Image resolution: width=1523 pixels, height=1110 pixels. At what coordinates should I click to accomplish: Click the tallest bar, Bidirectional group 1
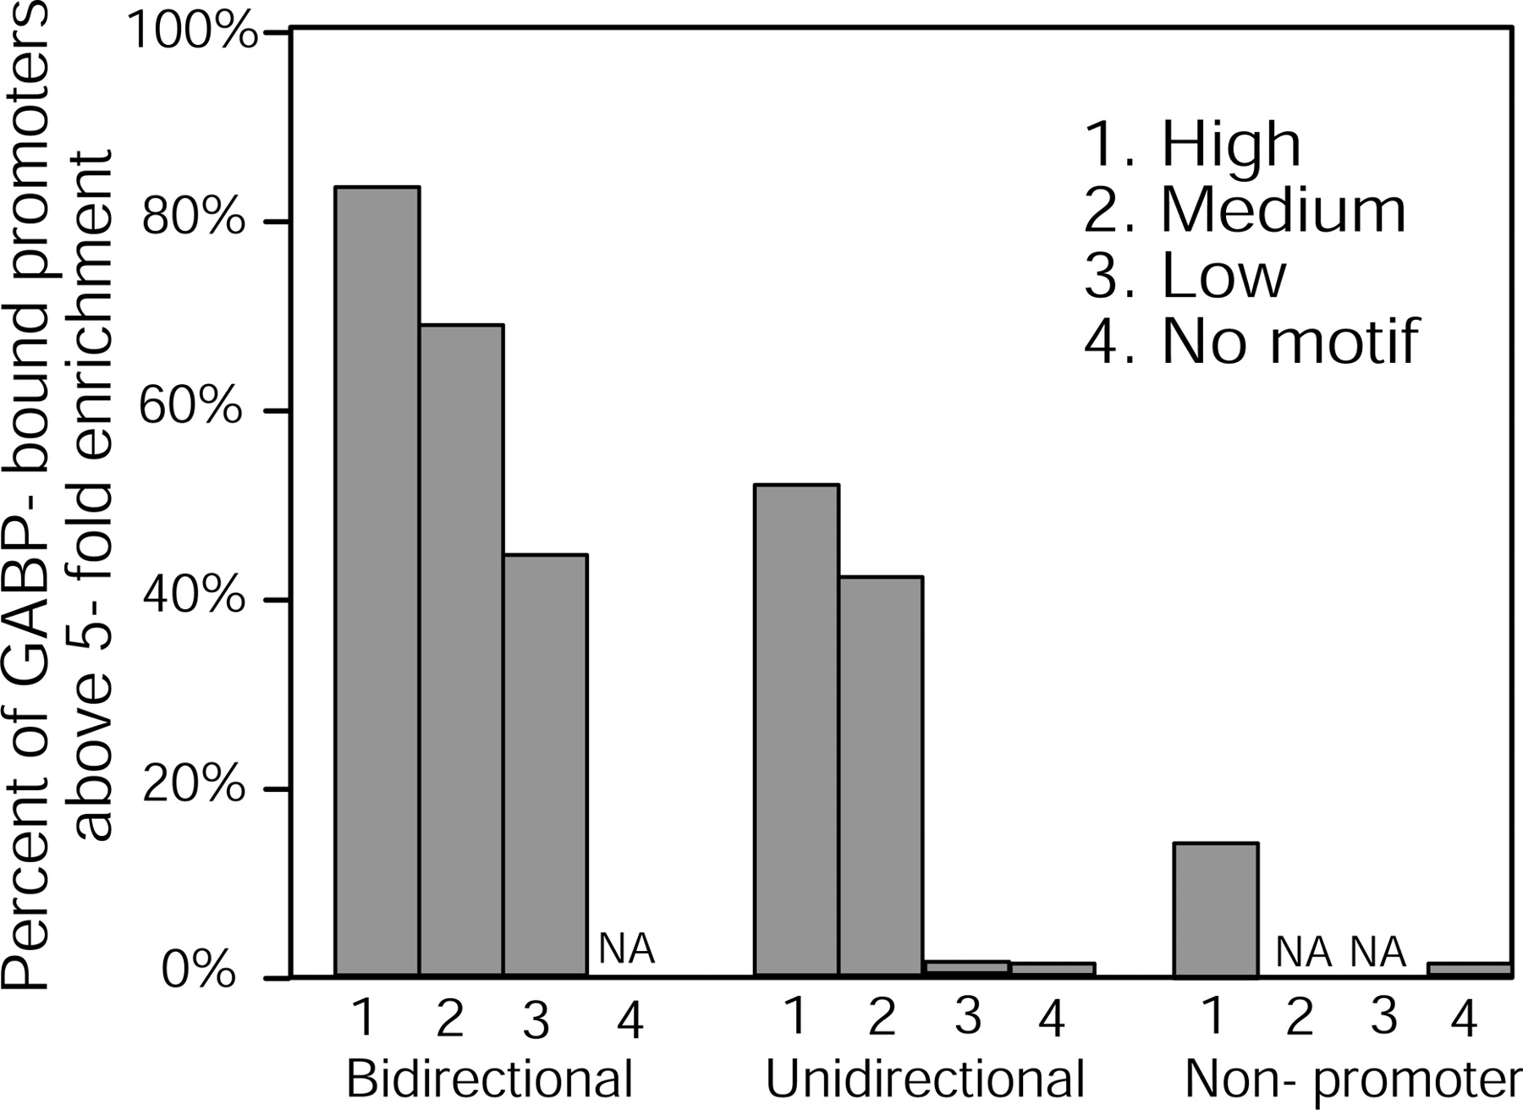pos(377,582)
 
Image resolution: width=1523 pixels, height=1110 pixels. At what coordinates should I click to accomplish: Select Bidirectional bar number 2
pos(461,651)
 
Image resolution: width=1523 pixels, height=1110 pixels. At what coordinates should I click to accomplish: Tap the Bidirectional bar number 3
pos(545,767)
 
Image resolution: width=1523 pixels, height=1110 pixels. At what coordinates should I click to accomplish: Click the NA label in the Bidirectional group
pos(627,949)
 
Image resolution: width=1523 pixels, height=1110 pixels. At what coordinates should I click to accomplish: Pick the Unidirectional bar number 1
pos(797,732)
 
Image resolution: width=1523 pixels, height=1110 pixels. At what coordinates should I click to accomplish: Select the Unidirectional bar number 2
pos(881,778)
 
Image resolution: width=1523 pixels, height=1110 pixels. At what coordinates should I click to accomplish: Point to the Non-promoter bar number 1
pos(1216,910)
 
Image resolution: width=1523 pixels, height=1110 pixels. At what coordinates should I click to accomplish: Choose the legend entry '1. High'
pos(1192,145)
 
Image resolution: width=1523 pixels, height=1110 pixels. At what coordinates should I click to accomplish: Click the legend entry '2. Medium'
pos(1245,210)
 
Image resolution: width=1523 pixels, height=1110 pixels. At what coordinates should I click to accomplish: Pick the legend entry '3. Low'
pos(1185,276)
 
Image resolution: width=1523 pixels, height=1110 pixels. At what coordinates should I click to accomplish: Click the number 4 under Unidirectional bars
pos(1051,1019)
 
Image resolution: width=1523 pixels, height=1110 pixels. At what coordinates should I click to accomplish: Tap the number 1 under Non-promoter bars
pos(1214,1016)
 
